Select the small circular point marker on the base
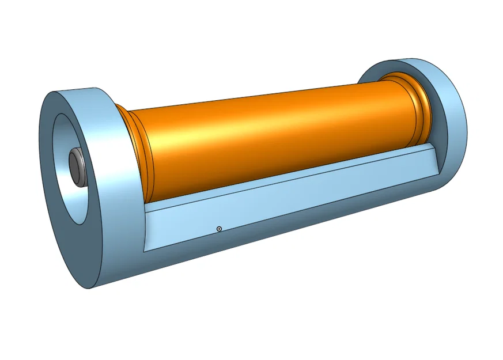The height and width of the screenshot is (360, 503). pos(219,229)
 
